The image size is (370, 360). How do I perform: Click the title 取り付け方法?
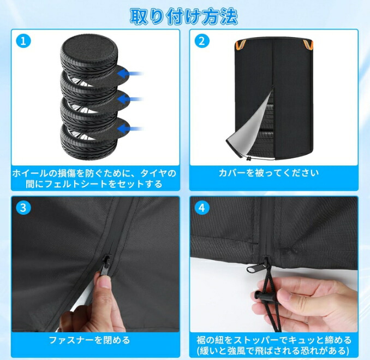[183, 16]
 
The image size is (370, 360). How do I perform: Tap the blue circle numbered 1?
[23, 41]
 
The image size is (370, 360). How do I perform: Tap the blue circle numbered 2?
[202, 41]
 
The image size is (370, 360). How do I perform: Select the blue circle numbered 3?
[23, 208]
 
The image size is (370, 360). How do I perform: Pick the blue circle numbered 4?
[202, 208]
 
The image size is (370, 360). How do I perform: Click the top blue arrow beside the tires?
[130, 74]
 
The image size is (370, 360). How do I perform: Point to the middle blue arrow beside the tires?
[130, 99]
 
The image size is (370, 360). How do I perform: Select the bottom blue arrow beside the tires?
[130, 129]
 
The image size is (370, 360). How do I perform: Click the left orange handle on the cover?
[241, 44]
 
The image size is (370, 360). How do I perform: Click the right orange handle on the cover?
[308, 44]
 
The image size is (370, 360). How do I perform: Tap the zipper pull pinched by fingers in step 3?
[105, 264]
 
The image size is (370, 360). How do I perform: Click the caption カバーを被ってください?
[268, 173]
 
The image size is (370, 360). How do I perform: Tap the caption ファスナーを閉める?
[89, 340]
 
